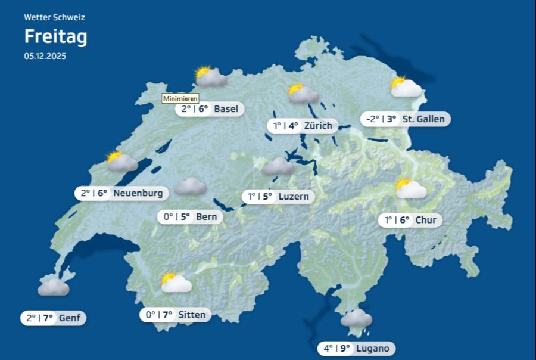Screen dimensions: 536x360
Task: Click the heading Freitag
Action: click(x=55, y=37)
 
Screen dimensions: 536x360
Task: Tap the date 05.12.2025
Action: click(x=45, y=57)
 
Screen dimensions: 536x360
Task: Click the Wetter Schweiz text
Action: click(x=54, y=17)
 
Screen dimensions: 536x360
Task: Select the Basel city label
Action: click(x=226, y=109)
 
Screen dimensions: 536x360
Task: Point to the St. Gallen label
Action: click(x=423, y=119)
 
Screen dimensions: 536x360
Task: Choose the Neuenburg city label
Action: click(x=138, y=193)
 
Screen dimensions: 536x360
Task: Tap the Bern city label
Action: click(x=206, y=216)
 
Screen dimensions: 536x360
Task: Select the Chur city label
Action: click(x=426, y=220)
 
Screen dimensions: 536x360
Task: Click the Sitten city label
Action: click(x=192, y=315)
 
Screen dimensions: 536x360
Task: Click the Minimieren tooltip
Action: click(x=180, y=98)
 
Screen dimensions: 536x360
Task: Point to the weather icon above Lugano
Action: click(x=356, y=318)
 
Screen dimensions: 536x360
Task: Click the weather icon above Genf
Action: click(x=53, y=287)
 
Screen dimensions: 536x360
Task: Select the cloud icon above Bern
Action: click(x=191, y=187)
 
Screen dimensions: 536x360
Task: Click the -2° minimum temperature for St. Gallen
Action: click(x=372, y=119)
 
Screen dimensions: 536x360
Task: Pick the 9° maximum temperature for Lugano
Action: click(x=345, y=349)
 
